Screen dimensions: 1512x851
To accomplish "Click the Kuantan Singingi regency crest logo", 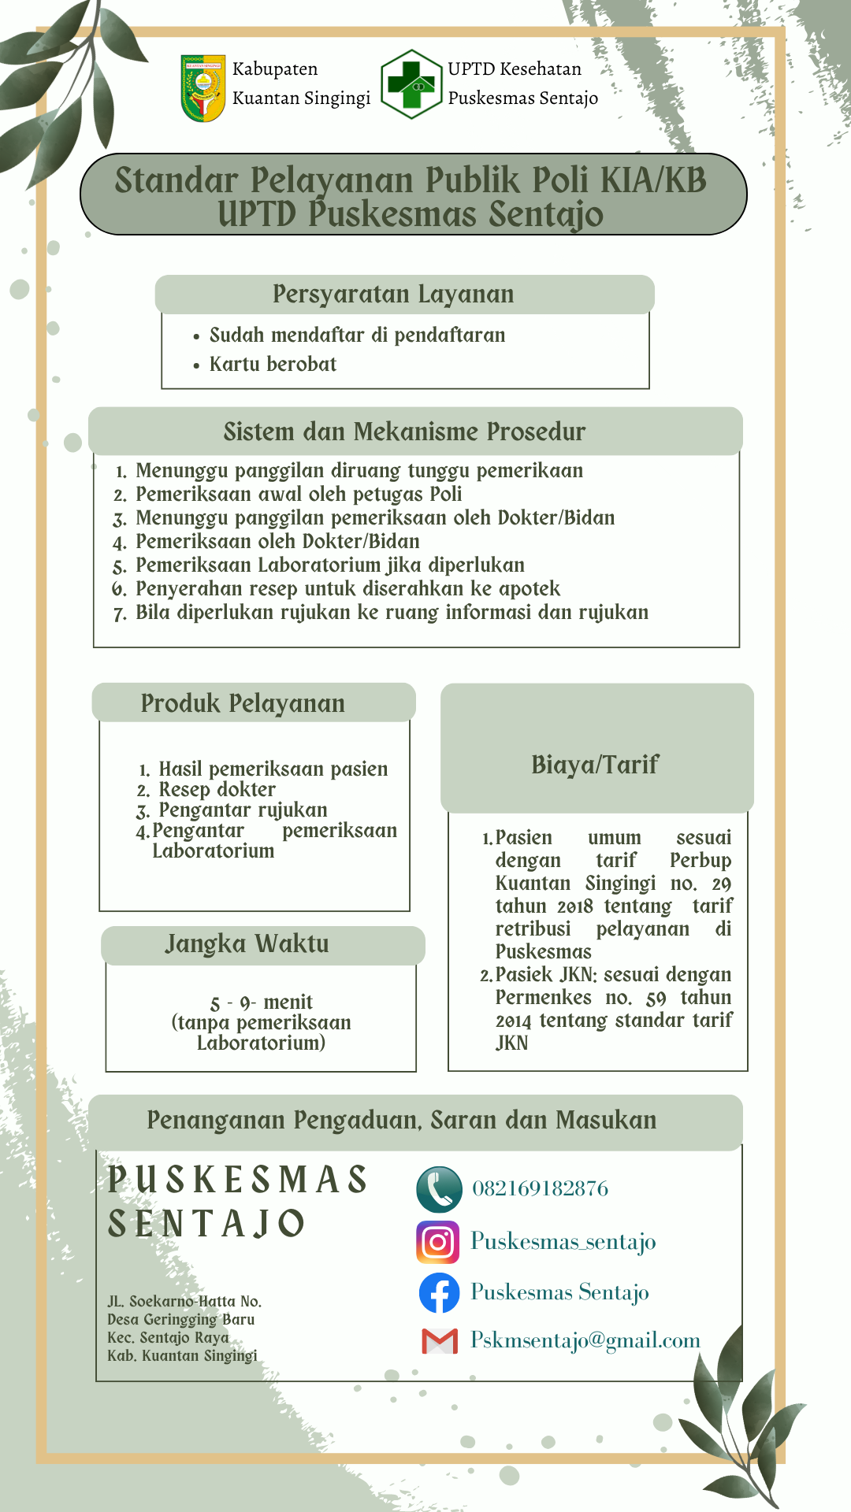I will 203,87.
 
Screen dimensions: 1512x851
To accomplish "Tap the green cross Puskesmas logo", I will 411,84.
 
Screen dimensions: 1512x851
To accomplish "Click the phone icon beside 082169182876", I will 439,1189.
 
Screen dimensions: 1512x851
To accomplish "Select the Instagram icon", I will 438,1243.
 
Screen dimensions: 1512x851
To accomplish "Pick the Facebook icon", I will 439,1293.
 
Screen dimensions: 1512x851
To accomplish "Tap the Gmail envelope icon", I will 440,1341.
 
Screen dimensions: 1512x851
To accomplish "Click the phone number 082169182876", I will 540,1188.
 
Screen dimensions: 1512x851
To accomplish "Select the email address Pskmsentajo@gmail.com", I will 585,1340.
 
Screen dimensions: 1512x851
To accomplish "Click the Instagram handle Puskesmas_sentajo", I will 563,1242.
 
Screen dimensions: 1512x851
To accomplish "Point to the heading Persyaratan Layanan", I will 393,295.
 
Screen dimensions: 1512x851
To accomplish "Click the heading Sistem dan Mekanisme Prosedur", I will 404,432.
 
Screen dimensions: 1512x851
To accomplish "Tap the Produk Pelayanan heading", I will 243,703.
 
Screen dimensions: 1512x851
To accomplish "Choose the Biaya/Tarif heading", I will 595,765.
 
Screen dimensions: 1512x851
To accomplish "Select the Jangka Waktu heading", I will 247,943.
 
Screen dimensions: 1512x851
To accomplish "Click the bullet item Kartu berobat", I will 273,365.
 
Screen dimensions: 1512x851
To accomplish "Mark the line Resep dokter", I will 217,790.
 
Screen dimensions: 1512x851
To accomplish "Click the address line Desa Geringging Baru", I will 180,1319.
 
